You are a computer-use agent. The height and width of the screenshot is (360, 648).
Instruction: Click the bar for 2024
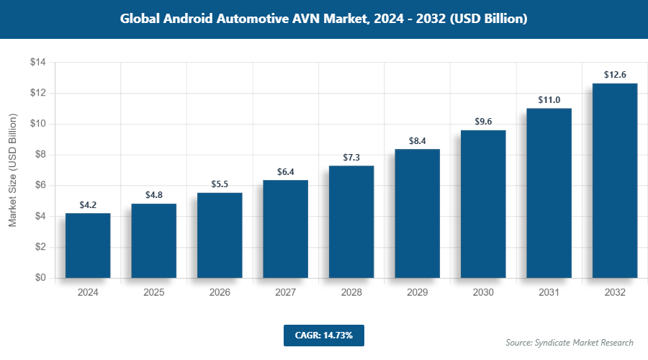[x=88, y=246]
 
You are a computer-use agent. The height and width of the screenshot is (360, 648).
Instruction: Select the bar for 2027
[x=285, y=229]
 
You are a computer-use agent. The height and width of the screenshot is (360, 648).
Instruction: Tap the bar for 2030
[x=483, y=204]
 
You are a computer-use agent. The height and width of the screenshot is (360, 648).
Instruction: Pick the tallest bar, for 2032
[x=615, y=181]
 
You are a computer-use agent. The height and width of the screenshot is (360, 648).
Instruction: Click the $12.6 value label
[x=615, y=75]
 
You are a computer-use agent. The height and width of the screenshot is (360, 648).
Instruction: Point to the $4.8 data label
[x=154, y=195]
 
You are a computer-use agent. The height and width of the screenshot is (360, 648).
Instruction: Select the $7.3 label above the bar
[x=351, y=157]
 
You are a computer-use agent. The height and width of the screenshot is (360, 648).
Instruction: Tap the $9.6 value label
[x=483, y=122]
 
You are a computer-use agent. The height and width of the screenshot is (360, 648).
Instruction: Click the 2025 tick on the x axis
[x=154, y=293]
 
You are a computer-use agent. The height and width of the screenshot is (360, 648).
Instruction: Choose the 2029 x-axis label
[x=417, y=293]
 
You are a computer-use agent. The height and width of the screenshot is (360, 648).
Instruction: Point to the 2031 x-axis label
[x=549, y=293]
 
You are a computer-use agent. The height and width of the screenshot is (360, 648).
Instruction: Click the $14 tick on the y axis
[x=37, y=63]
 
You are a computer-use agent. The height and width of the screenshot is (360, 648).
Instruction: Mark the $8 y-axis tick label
[x=40, y=155]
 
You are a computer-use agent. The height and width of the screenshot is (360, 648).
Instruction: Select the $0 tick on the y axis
[x=40, y=278]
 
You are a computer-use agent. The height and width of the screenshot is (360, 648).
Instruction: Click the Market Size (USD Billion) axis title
[x=12, y=170]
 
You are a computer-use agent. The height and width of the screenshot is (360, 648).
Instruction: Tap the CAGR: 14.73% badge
[x=323, y=335]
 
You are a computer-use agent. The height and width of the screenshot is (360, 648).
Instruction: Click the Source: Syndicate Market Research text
[x=569, y=342]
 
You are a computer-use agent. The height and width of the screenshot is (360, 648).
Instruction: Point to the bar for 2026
[x=220, y=235]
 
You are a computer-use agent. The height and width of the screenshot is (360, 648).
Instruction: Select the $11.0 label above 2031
[x=549, y=100]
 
